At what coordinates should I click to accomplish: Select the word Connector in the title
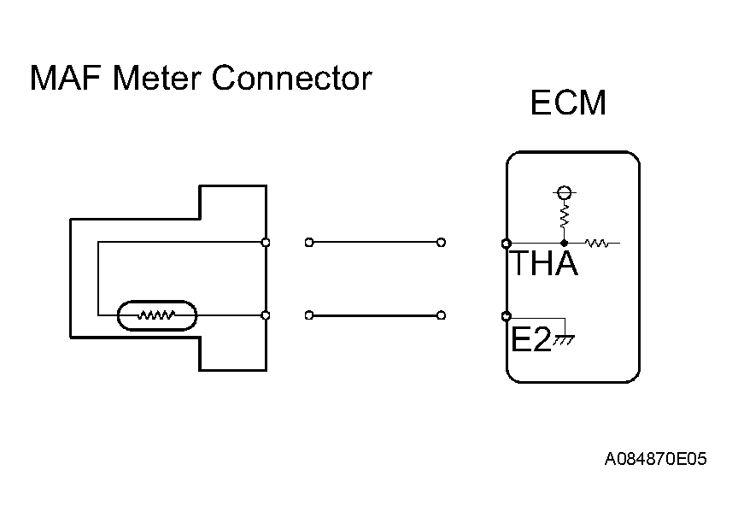coord(292,79)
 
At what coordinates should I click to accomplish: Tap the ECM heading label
coord(568,103)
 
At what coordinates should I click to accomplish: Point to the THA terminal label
coord(544,264)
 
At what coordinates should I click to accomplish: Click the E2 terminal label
coord(530,339)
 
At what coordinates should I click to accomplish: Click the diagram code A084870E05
coord(656,460)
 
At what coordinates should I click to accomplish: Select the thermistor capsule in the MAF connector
coord(156,315)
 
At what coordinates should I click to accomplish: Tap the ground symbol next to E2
coord(565,339)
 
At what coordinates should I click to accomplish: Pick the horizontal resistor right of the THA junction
coord(596,244)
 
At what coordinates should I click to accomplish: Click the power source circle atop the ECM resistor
coord(564,192)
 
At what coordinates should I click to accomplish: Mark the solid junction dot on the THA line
coord(564,244)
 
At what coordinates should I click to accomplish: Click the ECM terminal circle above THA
coord(507,244)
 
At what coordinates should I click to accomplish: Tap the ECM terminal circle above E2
coord(507,315)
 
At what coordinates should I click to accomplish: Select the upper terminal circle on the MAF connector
coord(266,243)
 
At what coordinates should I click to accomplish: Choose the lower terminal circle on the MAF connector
coord(266,315)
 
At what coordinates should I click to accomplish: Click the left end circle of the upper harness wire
coord(308,243)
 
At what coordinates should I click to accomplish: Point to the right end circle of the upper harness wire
coord(441,243)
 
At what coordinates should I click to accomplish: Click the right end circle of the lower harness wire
coord(441,315)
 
